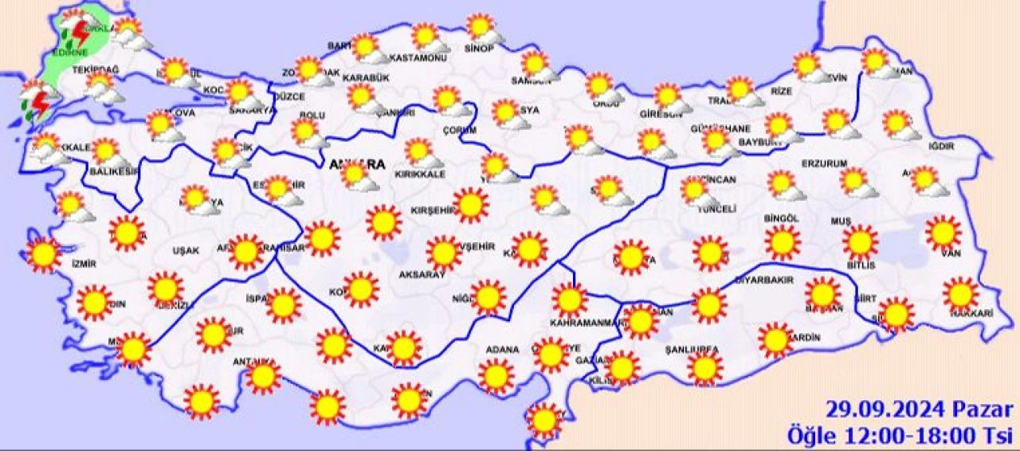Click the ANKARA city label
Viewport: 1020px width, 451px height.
pyautogui.click(x=356, y=165)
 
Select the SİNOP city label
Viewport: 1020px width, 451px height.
pyautogui.click(x=479, y=49)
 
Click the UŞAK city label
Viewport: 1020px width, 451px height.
pyautogui.click(x=186, y=250)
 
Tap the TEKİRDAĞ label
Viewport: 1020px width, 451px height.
pyautogui.click(x=95, y=71)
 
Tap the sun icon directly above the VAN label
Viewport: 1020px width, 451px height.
pyautogui.click(x=943, y=233)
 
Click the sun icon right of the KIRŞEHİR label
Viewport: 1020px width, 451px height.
pyautogui.click(x=472, y=205)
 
